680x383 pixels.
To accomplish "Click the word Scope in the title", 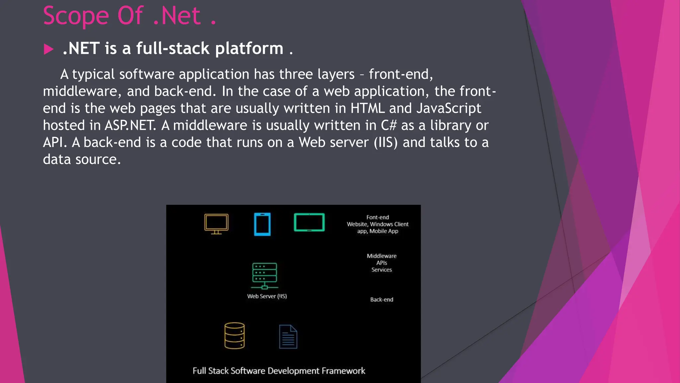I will (x=76, y=16).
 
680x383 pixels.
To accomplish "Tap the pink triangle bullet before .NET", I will (x=48, y=49).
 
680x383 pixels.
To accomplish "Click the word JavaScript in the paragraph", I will (x=449, y=108).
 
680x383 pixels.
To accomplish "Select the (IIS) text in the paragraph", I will (x=385, y=143).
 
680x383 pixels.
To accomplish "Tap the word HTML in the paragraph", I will (x=368, y=108).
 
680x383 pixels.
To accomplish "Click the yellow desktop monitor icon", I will (x=216, y=224).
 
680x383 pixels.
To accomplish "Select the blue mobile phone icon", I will (x=262, y=224).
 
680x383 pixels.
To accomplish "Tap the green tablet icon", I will (x=309, y=222).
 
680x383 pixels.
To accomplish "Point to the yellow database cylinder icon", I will (x=234, y=335).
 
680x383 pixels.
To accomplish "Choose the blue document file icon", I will (x=288, y=336).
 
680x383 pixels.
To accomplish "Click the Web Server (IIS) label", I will (x=267, y=296).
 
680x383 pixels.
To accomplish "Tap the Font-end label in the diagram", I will (x=378, y=217).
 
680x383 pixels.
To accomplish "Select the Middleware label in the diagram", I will (x=382, y=256).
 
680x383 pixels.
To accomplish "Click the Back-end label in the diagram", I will (x=382, y=300).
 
